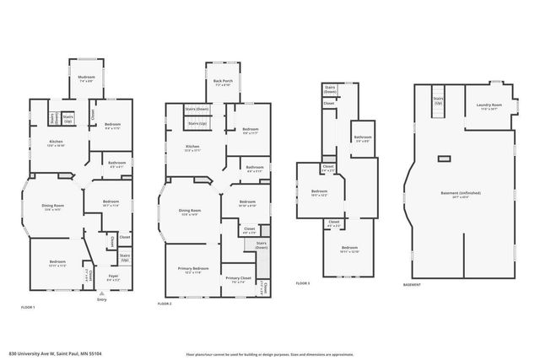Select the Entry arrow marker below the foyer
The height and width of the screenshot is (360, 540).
point(102,293)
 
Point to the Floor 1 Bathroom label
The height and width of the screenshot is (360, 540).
point(116,164)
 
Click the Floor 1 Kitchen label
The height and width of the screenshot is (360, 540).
point(57,142)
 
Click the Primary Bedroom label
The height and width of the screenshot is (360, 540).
point(194,269)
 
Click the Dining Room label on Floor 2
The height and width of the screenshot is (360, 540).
point(190,212)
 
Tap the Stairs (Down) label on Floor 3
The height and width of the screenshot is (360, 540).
point(329,89)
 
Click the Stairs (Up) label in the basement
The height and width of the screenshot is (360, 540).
point(439,100)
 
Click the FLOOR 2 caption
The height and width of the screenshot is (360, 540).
point(165,304)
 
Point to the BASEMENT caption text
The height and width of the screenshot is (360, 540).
point(413,284)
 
